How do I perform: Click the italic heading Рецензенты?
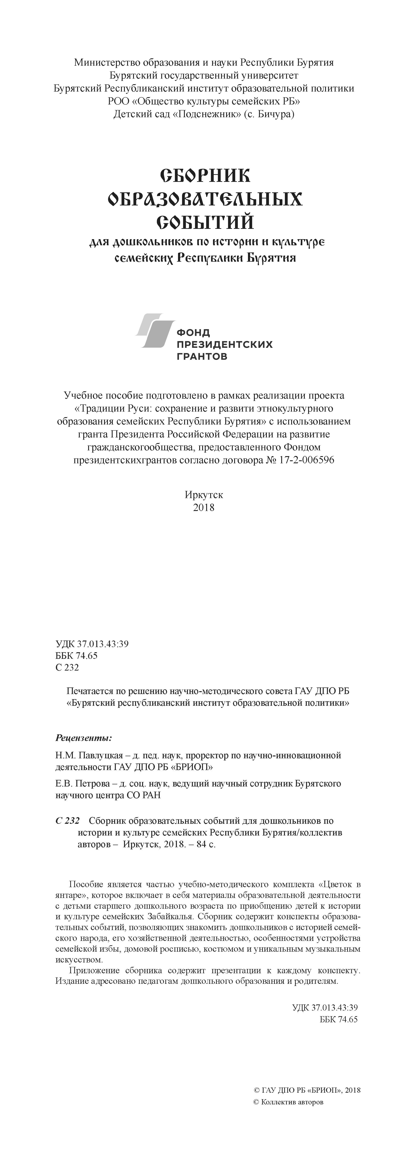pyautogui.click(x=83, y=738)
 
